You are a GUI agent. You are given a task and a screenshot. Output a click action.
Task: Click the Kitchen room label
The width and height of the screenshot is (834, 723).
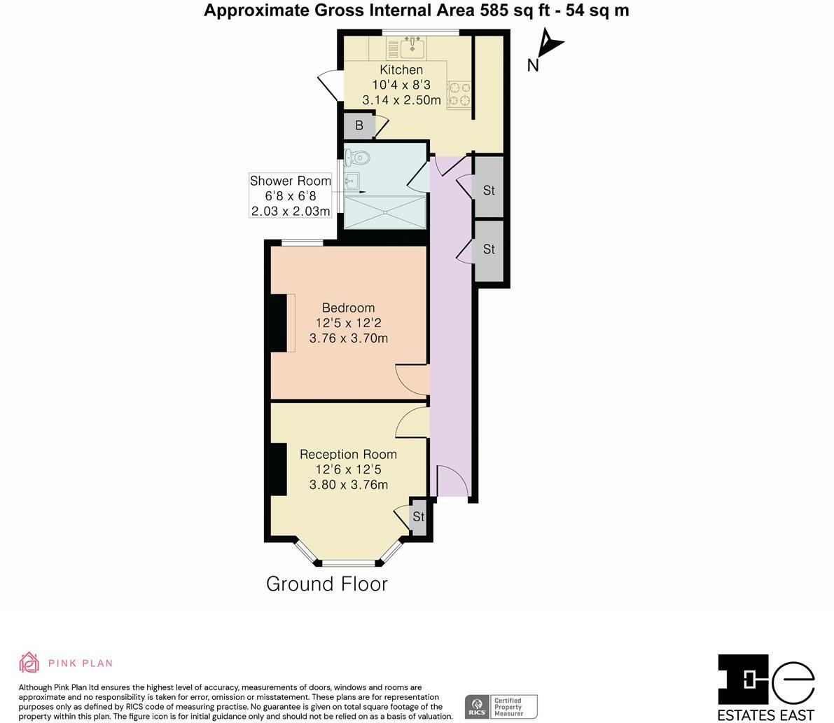click(401, 69)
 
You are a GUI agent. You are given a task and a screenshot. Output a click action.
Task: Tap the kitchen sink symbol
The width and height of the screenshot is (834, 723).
click(415, 48)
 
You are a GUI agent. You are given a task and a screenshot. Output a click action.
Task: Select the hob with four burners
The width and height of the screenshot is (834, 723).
click(459, 95)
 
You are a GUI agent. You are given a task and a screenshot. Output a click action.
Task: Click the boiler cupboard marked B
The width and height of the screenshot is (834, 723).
click(359, 126)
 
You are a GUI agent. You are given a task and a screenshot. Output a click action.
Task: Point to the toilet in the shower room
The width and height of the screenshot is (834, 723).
click(357, 157)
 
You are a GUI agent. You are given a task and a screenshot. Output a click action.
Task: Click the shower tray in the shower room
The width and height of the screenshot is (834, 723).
click(384, 211)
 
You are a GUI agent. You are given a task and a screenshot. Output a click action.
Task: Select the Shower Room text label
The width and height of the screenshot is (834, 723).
click(290, 181)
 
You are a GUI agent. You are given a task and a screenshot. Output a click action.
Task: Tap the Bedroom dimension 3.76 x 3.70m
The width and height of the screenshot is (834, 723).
click(348, 338)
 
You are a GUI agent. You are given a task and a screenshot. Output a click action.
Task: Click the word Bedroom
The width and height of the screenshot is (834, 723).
click(348, 308)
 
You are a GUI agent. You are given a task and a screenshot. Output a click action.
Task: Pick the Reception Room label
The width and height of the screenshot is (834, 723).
click(348, 454)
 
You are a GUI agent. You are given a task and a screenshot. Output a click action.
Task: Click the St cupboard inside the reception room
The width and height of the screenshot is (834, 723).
click(418, 517)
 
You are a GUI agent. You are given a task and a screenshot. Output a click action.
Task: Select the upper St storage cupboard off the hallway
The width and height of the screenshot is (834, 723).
click(489, 190)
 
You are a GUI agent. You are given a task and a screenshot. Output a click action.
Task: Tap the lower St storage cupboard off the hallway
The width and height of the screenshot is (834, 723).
click(489, 249)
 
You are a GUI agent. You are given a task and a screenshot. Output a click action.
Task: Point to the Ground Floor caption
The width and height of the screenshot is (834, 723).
click(326, 584)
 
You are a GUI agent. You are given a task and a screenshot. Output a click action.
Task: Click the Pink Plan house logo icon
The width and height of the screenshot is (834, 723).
click(29, 662)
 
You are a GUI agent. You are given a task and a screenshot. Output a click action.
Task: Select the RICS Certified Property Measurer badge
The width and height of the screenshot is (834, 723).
click(501, 705)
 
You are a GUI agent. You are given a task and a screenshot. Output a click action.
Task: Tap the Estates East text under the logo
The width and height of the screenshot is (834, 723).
click(766, 715)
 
